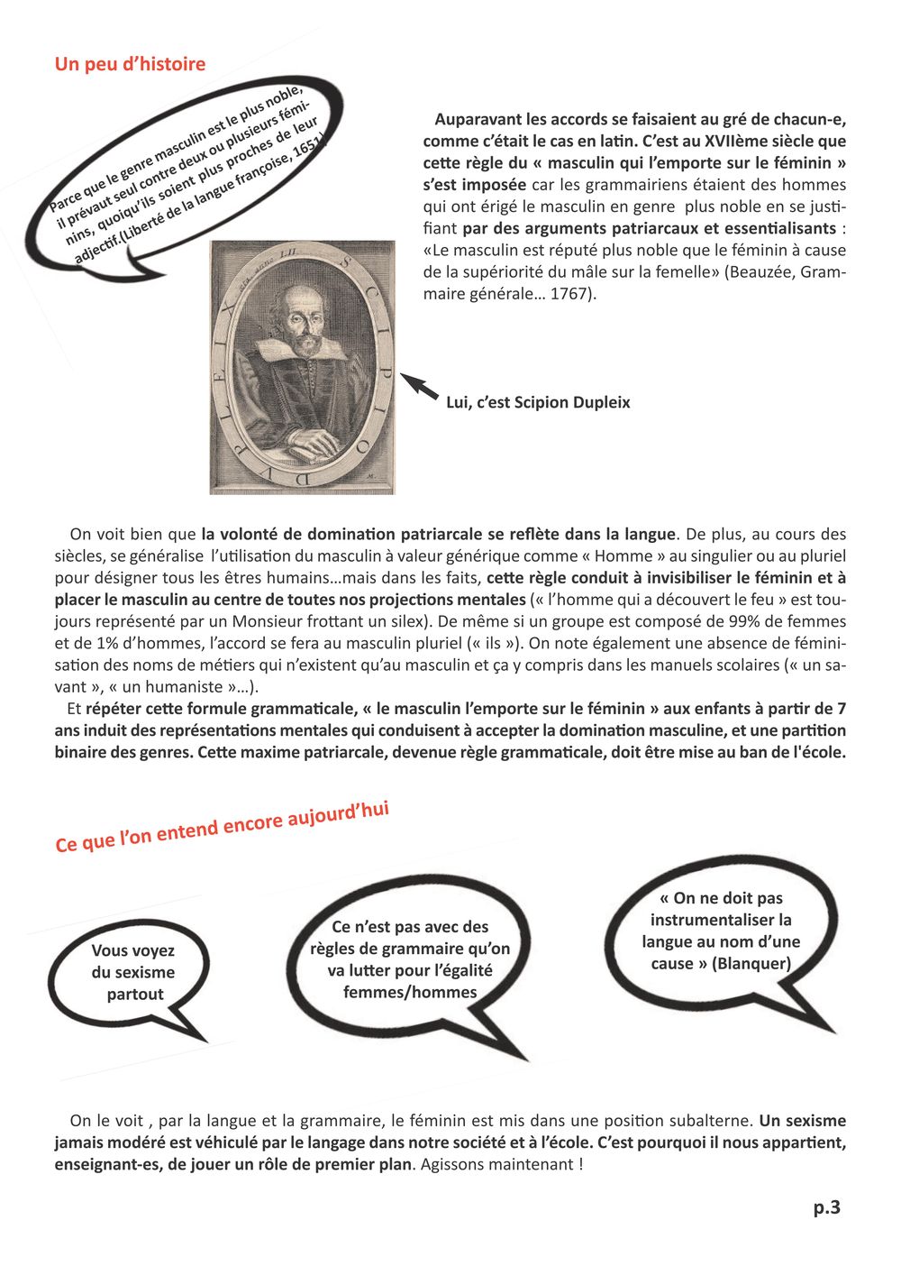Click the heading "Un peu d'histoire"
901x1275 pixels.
point(130,64)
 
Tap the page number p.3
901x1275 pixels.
point(826,1207)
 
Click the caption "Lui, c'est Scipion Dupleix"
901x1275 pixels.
point(538,402)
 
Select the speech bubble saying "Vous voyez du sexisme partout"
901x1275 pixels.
point(133,973)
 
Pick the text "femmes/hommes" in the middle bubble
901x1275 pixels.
point(410,993)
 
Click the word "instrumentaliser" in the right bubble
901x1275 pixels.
point(721,920)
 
